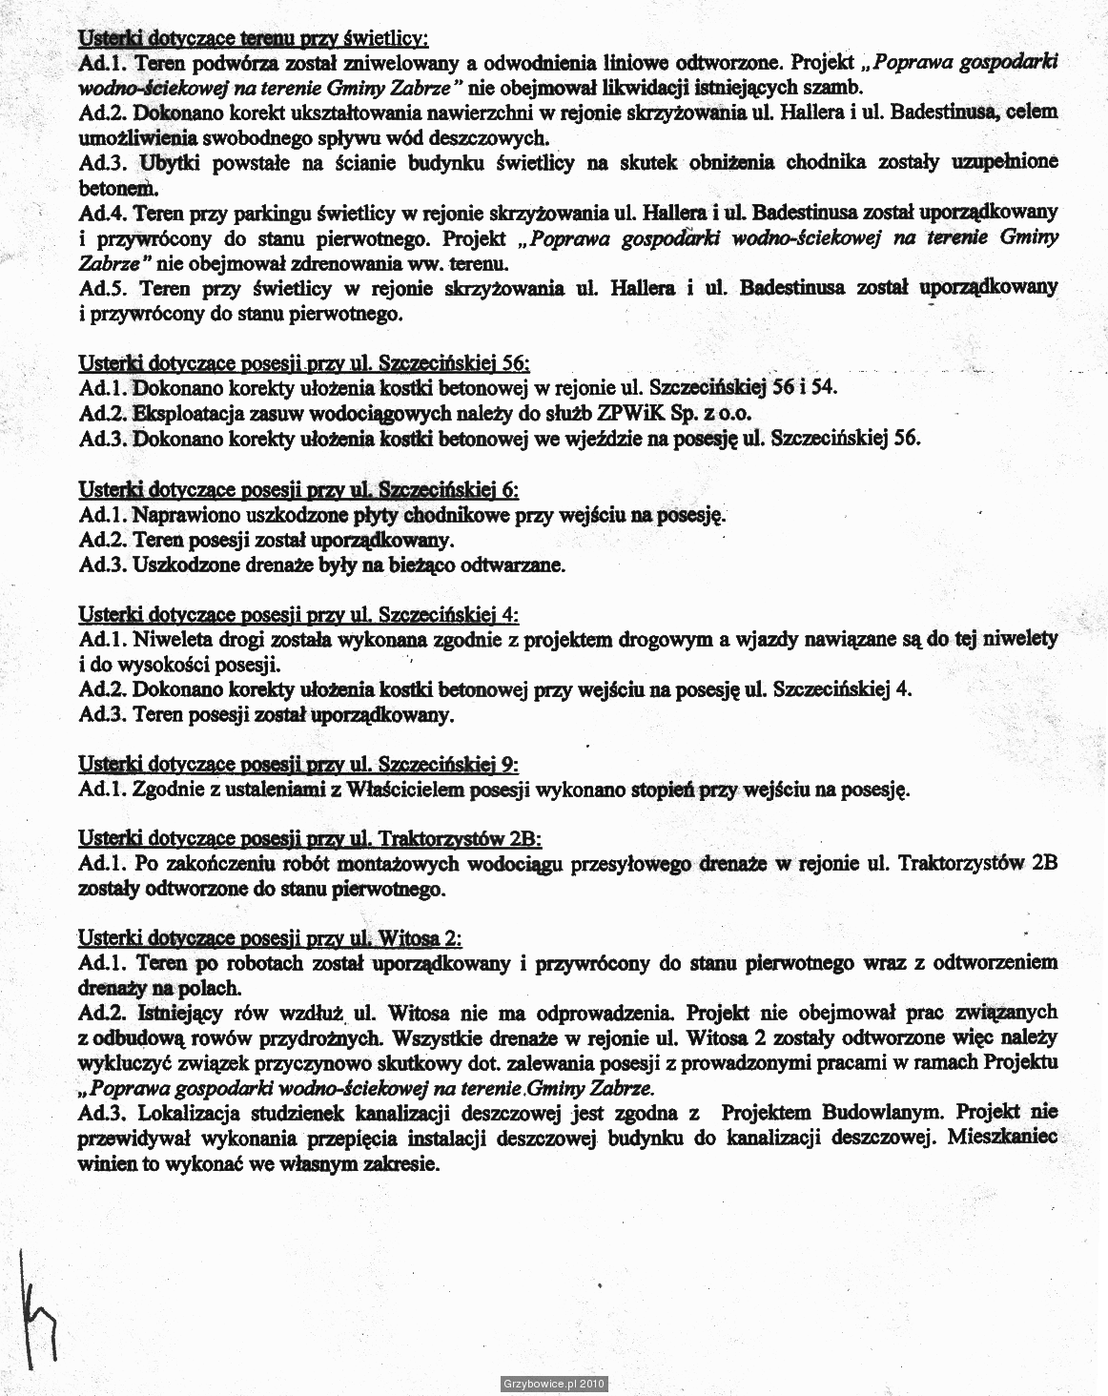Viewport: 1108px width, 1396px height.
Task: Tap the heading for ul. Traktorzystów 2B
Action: (310, 839)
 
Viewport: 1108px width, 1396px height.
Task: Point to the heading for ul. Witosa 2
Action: (270, 938)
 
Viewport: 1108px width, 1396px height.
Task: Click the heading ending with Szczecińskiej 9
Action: (298, 765)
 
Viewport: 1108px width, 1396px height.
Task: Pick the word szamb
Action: (837, 88)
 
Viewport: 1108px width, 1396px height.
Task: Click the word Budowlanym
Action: (883, 1112)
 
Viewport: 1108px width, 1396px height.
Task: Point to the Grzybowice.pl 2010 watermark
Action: (553, 1384)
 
